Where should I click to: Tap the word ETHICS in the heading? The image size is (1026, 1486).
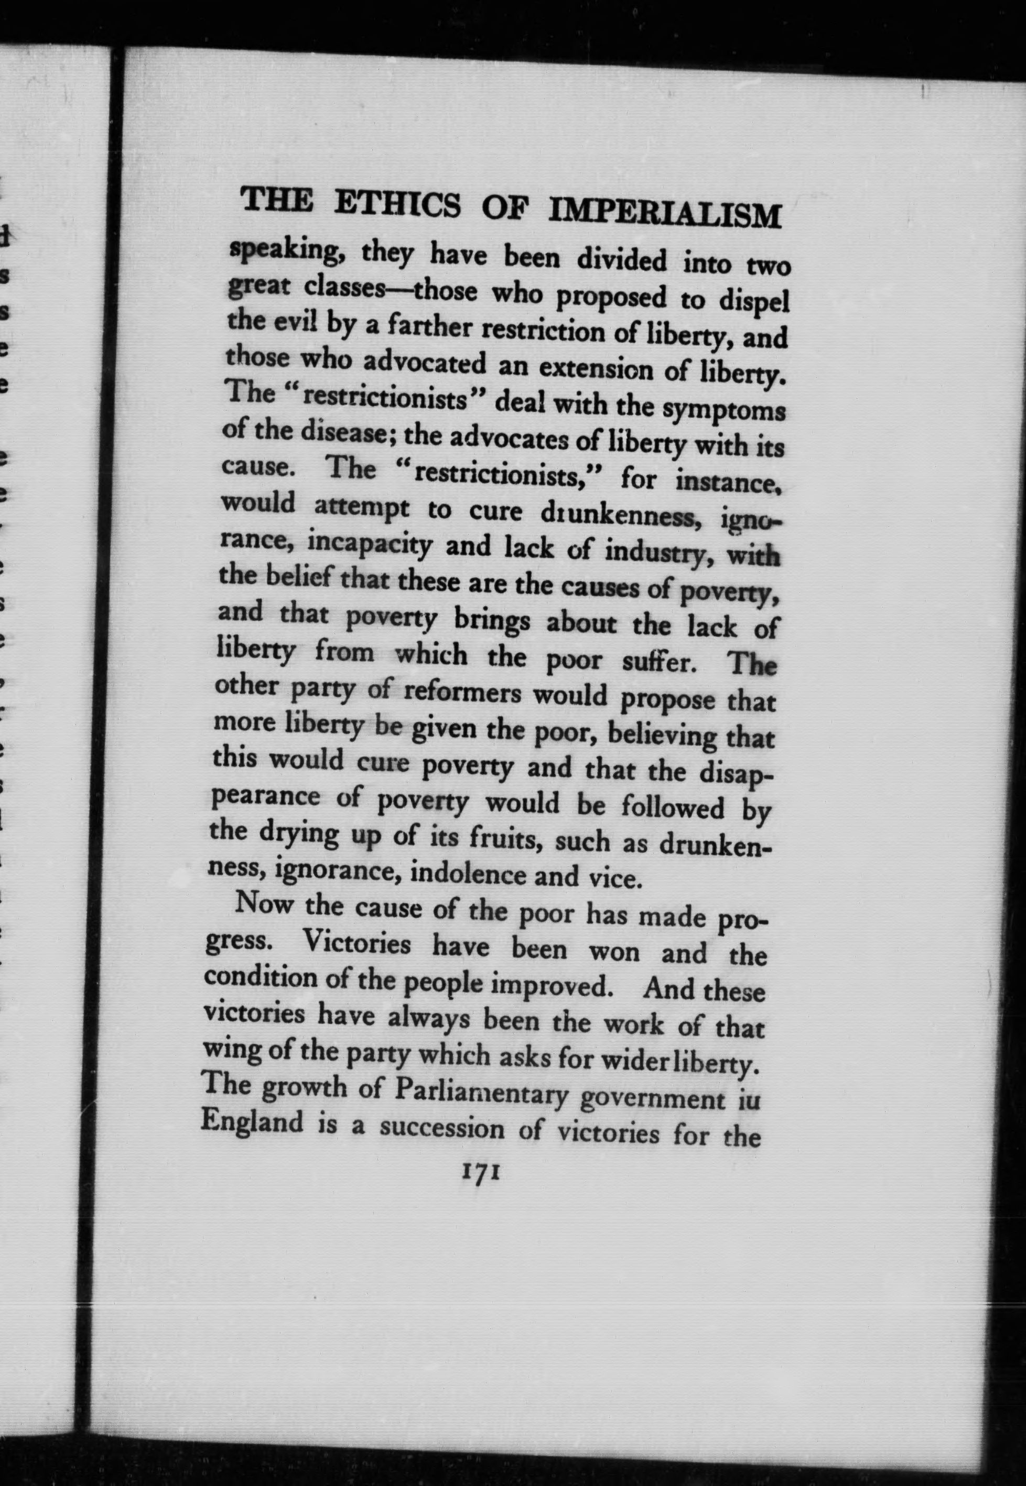pyautogui.click(x=398, y=203)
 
